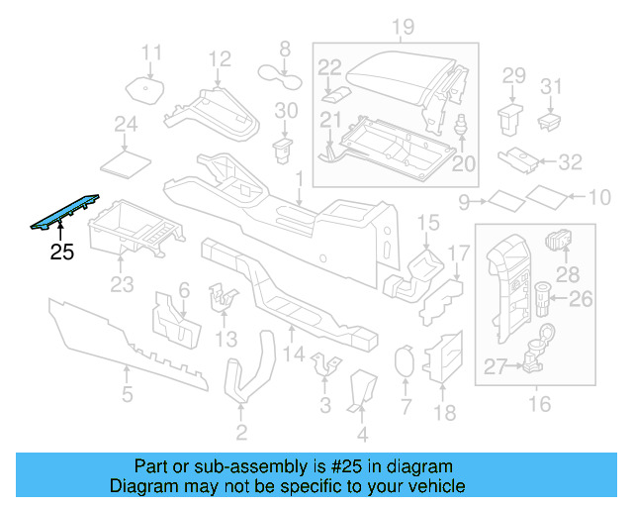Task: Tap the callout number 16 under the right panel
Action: tap(540, 403)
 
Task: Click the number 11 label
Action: tap(150, 52)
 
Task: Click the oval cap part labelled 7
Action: tap(404, 363)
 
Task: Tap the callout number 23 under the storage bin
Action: tap(121, 286)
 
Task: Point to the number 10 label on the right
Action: tap(600, 198)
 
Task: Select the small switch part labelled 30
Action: tap(284, 150)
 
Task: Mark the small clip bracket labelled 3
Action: tap(323, 366)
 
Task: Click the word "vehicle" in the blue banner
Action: tap(435, 486)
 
